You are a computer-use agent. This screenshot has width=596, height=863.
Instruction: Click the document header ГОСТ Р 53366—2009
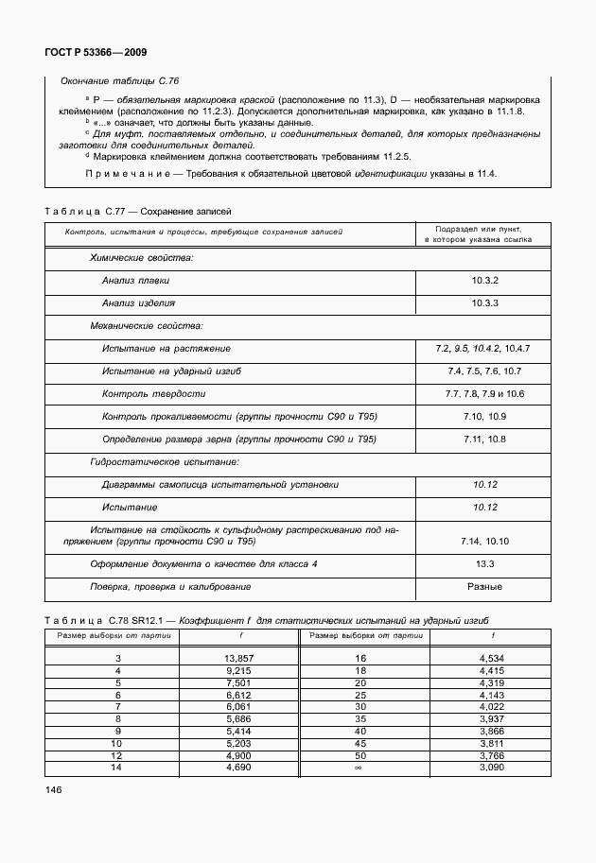[95, 53]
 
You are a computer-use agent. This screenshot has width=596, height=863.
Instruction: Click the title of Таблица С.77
[138, 211]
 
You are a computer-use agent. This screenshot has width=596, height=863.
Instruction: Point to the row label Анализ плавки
[135, 281]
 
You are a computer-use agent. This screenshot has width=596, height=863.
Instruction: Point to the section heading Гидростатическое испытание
[164, 461]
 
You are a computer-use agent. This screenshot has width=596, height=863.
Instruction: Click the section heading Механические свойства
[146, 326]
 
